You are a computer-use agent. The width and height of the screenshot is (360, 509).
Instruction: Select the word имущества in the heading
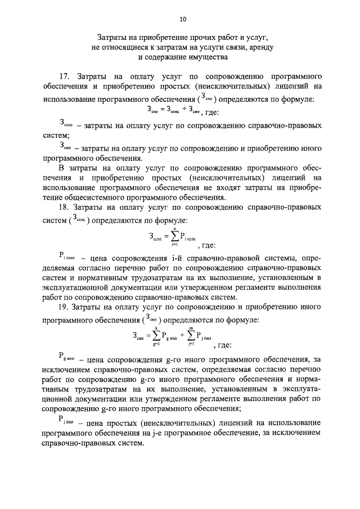click(206, 57)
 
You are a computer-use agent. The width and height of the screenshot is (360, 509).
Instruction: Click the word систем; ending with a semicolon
click(56, 136)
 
